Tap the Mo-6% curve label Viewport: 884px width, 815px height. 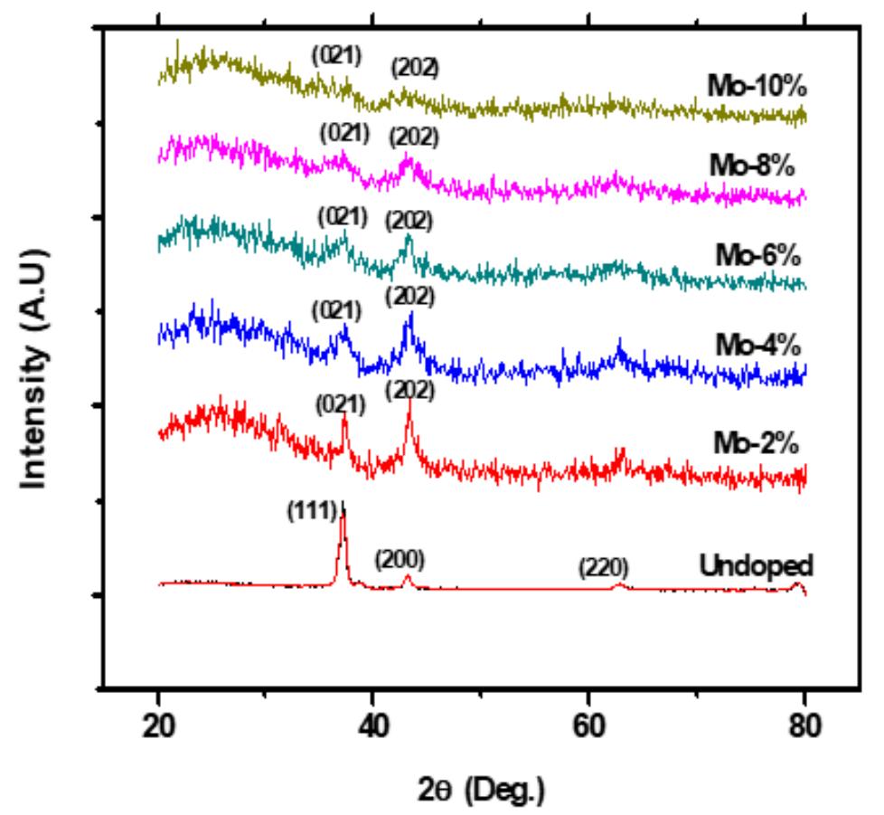[757, 255]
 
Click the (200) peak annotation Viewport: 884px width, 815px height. [400, 559]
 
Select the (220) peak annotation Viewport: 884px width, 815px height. [603, 569]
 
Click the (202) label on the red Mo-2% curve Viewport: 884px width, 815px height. [409, 391]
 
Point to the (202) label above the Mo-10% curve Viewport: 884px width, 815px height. [414, 67]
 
